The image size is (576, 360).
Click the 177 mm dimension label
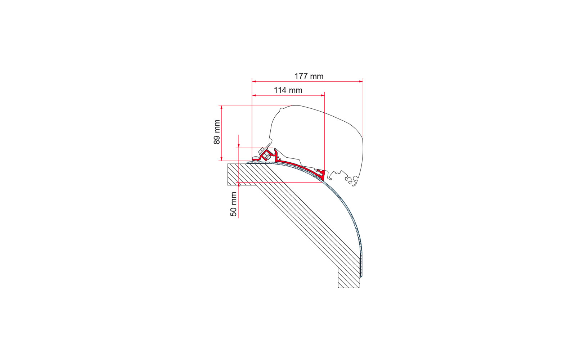point(309,76)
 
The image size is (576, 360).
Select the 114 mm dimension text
point(288,90)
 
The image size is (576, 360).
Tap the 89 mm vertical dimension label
point(217,132)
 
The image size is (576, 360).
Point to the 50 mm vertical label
point(234,204)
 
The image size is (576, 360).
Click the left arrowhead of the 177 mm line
point(254,81)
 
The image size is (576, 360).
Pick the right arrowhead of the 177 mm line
point(361,81)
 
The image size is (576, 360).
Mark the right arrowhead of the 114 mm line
point(323,95)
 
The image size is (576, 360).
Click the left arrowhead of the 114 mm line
point(254,95)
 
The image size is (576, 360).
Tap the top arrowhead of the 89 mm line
point(221,107)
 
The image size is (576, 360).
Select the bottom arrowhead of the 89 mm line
point(221,159)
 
